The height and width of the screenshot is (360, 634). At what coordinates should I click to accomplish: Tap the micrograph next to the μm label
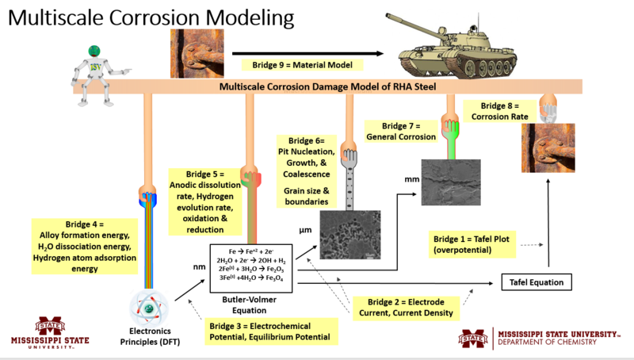pyautogui.click(x=349, y=235)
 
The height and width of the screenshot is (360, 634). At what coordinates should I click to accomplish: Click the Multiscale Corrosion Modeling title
pyautogui.click(x=140, y=17)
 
